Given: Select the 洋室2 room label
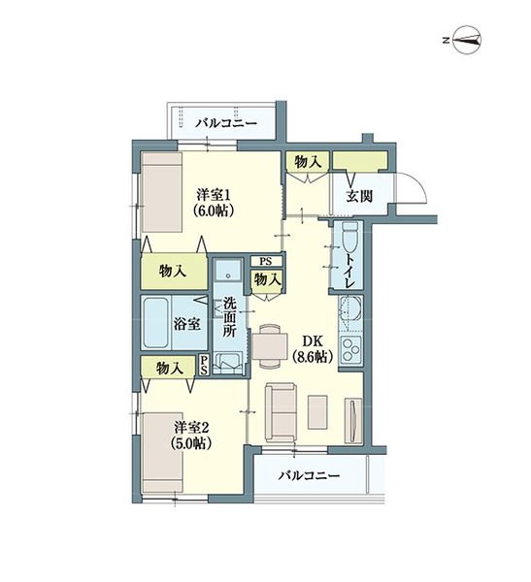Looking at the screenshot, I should click(193, 427).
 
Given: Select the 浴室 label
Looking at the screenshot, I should click(187, 324).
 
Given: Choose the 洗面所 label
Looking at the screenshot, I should click(229, 316).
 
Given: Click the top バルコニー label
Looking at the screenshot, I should click(225, 124).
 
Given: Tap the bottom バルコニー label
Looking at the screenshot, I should click(308, 476).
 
